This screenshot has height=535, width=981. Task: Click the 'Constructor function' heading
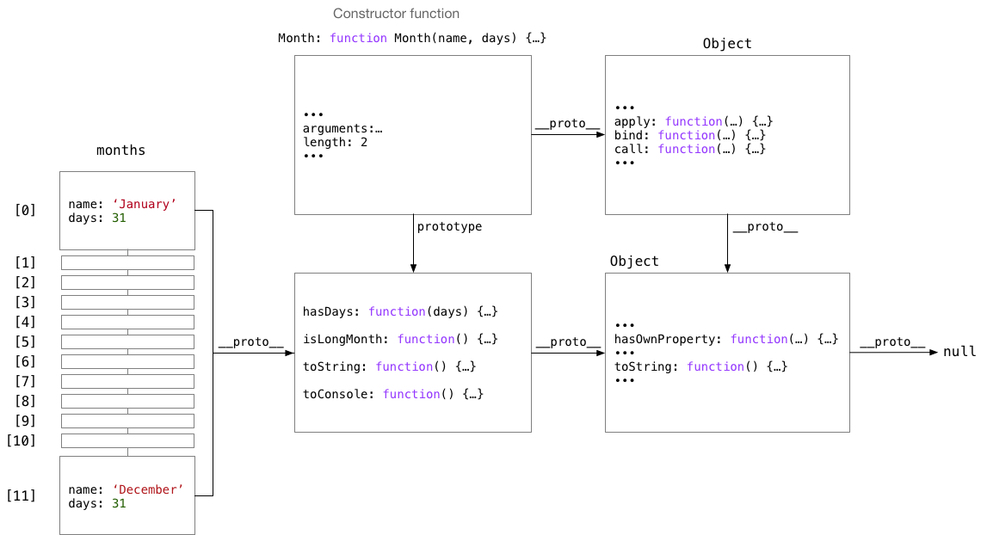pyautogui.click(x=396, y=14)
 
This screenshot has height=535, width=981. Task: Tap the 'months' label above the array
pyautogui.click(x=120, y=151)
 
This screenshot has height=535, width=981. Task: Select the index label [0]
pyautogui.click(x=25, y=210)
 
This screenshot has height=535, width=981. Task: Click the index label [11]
pyautogui.click(x=22, y=495)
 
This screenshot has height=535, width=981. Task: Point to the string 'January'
pyautogui.click(x=145, y=205)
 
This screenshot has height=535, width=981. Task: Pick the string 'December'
pyautogui.click(x=148, y=490)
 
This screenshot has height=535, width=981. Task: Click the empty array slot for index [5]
pyautogui.click(x=127, y=341)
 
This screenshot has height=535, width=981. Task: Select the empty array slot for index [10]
pyautogui.click(x=127, y=440)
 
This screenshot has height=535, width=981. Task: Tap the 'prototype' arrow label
pyautogui.click(x=449, y=227)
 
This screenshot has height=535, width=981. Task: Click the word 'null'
pyautogui.click(x=959, y=352)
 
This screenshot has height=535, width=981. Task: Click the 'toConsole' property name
pyautogui.click(x=338, y=394)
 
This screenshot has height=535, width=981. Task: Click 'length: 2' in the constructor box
pyautogui.click(x=336, y=143)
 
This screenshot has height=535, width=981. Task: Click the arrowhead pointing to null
pyautogui.click(x=934, y=353)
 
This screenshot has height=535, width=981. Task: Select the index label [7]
pyautogui.click(x=25, y=381)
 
